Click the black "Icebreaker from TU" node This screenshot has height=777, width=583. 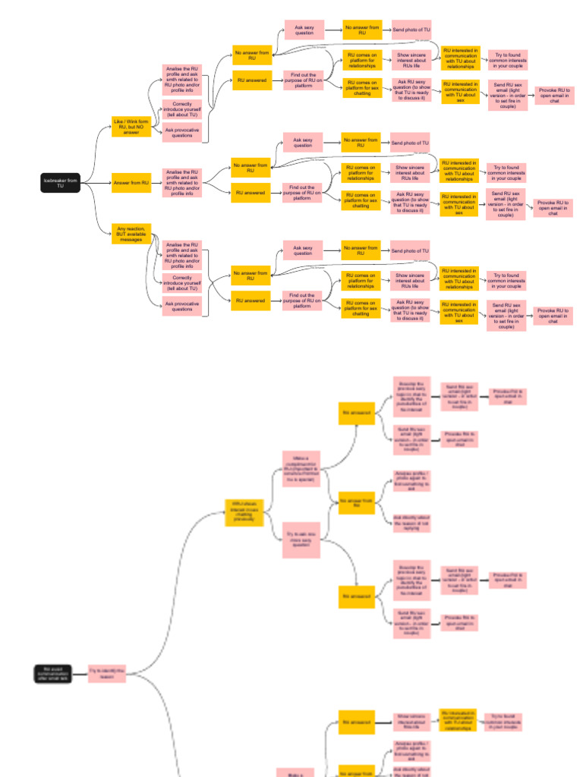(61, 183)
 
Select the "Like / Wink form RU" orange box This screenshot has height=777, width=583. (131, 126)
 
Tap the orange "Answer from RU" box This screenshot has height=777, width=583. (131, 183)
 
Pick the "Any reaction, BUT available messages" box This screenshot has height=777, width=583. (131, 233)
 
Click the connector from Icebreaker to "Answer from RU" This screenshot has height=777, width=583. (96, 183)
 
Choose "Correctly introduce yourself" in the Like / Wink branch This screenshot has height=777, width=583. (182, 109)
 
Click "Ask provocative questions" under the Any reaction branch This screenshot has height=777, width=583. (182, 307)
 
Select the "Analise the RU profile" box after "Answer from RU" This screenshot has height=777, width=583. (182, 183)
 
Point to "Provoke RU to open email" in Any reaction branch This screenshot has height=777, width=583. (553, 316)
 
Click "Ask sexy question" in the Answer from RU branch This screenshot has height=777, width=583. (303, 143)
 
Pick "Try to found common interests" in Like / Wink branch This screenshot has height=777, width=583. (508, 59)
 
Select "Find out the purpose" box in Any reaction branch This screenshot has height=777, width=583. (302, 300)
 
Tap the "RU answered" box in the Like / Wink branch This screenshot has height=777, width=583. (251, 80)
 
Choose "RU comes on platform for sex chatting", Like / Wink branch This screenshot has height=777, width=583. (361, 87)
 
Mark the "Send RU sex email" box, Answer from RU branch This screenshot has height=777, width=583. (506, 204)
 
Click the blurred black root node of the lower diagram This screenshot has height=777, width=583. (53, 673)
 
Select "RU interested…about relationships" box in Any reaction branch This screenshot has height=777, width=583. (459, 278)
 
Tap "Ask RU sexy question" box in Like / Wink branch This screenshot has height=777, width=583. (411, 90)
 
